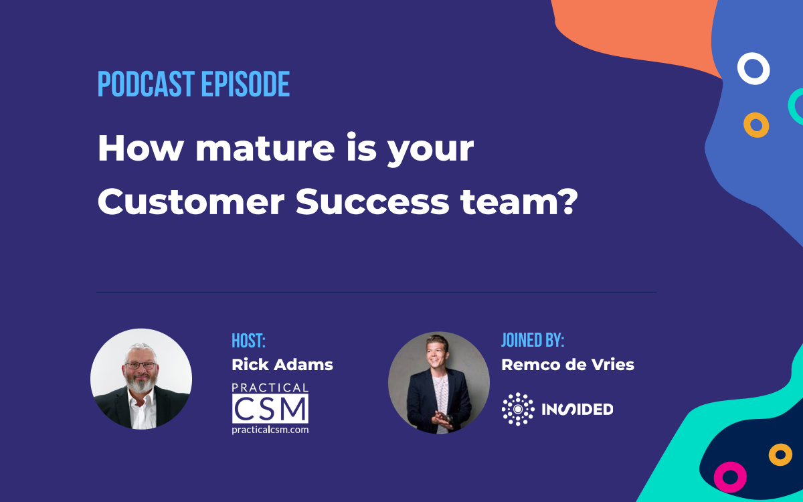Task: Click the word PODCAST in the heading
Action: tap(147, 84)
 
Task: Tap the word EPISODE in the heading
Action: tap(245, 84)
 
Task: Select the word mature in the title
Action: tap(265, 148)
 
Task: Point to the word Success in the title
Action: tap(373, 202)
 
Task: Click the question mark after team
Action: tap(569, 202)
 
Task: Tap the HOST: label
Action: tap(248, 341)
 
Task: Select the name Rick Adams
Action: tap(282, 365)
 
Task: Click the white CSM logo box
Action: tap(270, 409)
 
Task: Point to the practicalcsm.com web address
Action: tap(270, 430)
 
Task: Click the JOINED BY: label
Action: tap(533, 340)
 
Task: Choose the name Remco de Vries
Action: tap(568, 365)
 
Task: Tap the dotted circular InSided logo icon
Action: tap(518, 409)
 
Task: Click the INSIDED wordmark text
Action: tap(577, 409)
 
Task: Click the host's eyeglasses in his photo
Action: tap(141, 365)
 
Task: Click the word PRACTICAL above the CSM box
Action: tap(270, 388)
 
